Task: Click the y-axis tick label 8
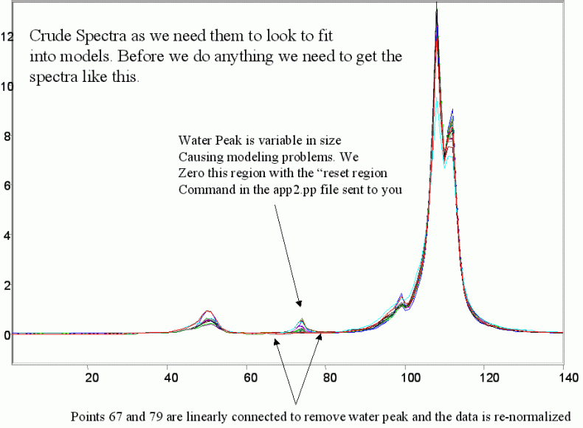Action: (x=6, y=137)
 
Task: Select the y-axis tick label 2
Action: (x=6, y=286)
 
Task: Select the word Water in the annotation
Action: (x=194, y=140)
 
